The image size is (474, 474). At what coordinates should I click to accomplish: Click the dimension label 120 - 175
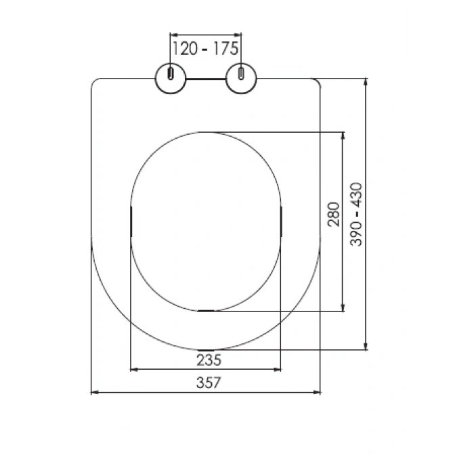click(205, 49)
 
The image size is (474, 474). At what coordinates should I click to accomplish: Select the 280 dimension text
click(334, 215)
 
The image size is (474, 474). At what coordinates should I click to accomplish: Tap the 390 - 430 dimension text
click(356, 215)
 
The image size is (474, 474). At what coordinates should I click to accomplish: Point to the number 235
click(209, 360)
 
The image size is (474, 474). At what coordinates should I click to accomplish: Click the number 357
click(209, 383)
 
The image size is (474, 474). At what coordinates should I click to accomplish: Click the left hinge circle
click(171, 79)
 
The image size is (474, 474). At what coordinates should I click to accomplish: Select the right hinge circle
click(241, 79)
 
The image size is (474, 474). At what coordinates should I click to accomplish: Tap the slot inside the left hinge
click(171, 73)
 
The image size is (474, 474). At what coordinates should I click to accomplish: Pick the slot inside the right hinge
click(241, 73)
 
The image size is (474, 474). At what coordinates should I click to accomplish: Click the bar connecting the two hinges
click(206, 79)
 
